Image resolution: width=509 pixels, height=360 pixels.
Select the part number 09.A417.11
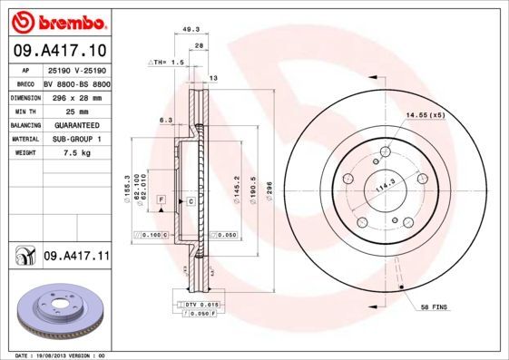[76, 258]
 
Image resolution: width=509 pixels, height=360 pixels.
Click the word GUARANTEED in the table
[76, 124]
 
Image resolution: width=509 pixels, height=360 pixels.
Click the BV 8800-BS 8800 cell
[76, 82]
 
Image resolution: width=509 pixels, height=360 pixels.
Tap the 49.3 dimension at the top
[191, 29]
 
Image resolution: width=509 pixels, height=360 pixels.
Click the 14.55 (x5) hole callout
[425, 116]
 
